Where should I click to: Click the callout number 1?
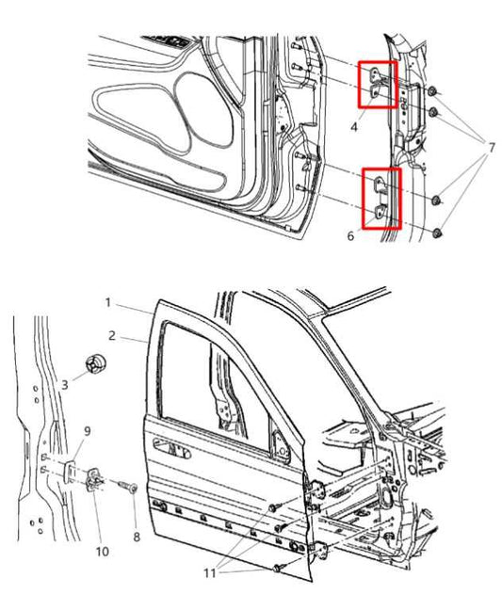coord(109,303)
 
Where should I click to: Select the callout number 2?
coord(111,335)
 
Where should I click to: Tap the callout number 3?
coord(65,384)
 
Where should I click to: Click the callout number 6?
coord(350,236)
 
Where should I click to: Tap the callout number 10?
coord(102,551)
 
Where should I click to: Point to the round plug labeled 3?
coord(93,364)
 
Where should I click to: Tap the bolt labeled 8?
coord(130,488)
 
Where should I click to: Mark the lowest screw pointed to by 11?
coord(279,569)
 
